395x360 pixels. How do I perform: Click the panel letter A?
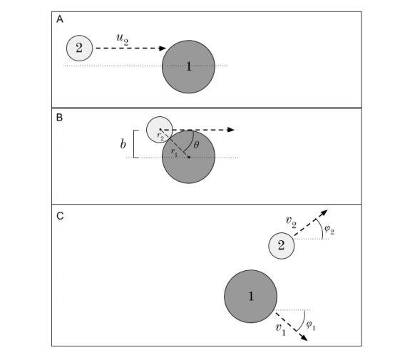61,20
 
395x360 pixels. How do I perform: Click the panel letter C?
61,215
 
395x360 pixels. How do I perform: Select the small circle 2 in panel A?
80,48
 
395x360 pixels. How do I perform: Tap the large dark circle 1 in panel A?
188,66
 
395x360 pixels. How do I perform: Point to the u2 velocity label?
122,37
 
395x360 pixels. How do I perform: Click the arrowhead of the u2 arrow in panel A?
162,48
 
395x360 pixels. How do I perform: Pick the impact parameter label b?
123,144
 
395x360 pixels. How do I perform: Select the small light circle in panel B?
158,130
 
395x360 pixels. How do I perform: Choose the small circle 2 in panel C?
281,246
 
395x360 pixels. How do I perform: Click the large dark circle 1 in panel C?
250,296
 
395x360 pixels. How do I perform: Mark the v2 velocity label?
291,222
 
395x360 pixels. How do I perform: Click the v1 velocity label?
281,328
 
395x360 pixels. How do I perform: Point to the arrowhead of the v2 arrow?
325,212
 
